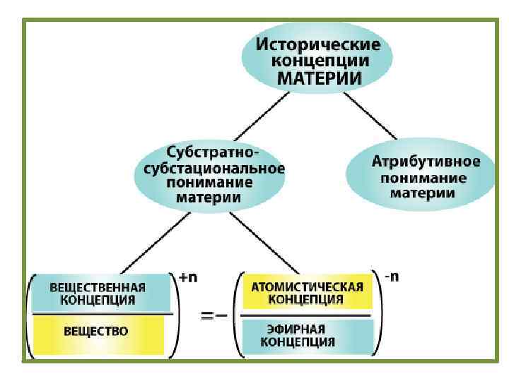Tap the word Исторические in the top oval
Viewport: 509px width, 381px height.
318,44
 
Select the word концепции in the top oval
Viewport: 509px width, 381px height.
320,61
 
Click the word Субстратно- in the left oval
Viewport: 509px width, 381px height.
213,152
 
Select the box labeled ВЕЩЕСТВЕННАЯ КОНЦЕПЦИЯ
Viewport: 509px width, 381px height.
98,293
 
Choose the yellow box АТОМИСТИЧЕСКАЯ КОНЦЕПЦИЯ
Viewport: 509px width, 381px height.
308,292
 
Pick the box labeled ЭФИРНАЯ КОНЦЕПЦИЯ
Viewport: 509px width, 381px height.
307,335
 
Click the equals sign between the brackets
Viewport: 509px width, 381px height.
209,316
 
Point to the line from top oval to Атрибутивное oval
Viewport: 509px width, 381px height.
373,117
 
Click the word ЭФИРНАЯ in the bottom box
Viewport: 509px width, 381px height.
296,329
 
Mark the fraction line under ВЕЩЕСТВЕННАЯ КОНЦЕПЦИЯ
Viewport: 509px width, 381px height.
98,313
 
